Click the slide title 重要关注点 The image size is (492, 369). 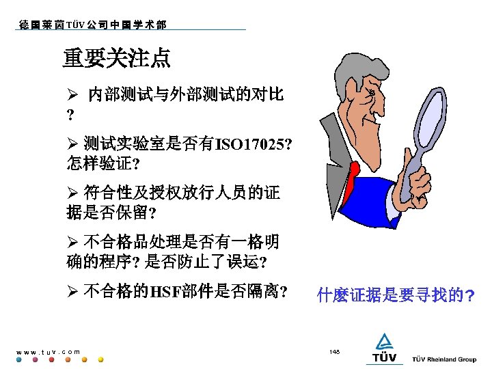(116, 58)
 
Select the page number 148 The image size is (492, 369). (334, 351)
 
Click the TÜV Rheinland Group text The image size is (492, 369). (444, 359)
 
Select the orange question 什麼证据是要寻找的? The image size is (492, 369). (396, 295)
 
